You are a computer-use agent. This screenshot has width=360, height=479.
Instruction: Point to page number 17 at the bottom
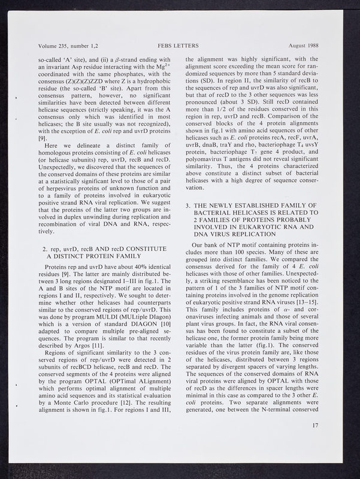coord(315,425)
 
